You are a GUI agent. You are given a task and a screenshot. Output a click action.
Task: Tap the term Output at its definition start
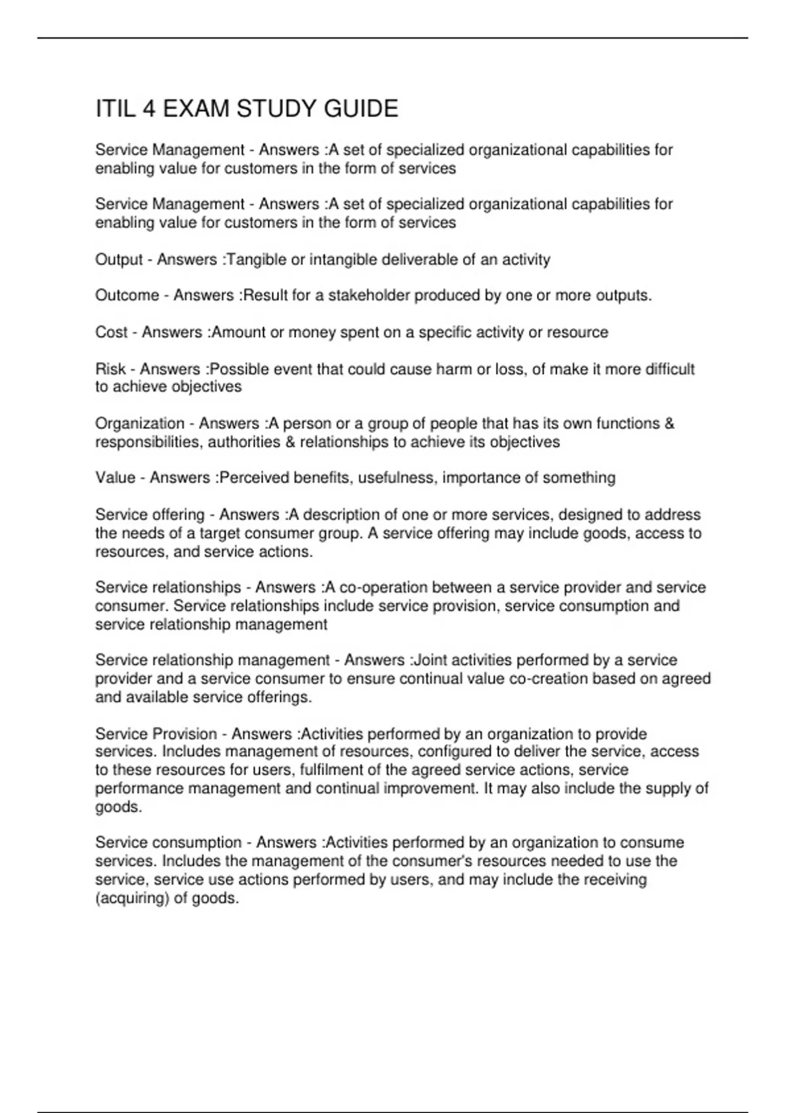click(119, 260)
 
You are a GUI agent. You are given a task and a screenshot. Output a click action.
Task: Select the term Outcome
click(127, 295)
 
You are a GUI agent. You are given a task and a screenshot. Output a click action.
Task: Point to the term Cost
click(111, 333)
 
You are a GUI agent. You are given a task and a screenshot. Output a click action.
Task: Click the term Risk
click(110, 369)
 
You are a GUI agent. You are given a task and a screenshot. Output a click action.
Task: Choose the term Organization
click(140, 424)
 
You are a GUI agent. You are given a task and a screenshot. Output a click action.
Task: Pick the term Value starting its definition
click(115, 478)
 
